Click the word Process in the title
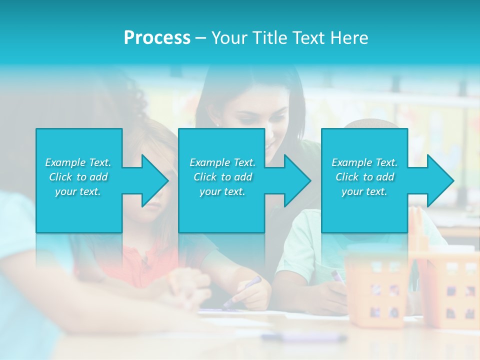click(157, 38)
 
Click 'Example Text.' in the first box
click(78, 162)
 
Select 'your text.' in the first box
click(78, 191)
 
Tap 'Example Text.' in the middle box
click(222, 162)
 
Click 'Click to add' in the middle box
click(222, 177)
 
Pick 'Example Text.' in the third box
click(364, 162)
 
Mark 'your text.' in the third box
click(364, 191)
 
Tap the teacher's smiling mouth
click(270, 145)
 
